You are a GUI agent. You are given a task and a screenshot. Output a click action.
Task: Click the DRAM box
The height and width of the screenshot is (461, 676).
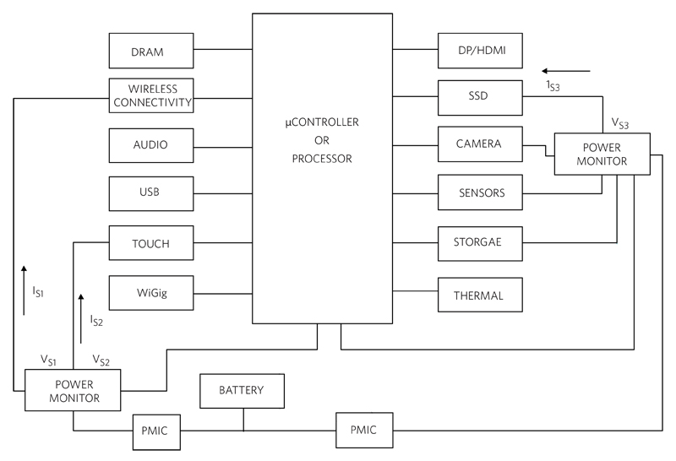coord(151,51)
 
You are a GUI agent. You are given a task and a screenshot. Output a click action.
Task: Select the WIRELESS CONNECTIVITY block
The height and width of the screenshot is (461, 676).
coord(151,95)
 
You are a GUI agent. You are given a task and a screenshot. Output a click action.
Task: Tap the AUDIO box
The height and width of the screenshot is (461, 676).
coord(151,145)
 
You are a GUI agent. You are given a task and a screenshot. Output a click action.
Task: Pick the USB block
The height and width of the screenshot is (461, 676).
coord(151,193)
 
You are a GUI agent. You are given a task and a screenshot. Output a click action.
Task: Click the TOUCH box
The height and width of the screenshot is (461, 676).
coord(151,242)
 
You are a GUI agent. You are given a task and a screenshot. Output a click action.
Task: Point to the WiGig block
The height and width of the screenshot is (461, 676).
coord(151,293)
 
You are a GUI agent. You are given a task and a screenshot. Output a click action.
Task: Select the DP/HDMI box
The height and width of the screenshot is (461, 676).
coord(480,51)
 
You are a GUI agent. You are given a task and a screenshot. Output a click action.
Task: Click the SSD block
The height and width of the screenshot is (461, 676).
coord(480,98)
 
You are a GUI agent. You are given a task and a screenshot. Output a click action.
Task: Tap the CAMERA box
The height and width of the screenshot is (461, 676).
coord(480,144)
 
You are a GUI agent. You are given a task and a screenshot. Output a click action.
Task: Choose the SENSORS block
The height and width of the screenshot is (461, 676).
coord(480,193)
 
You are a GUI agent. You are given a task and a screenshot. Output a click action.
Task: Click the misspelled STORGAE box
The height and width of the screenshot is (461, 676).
coord(480,244)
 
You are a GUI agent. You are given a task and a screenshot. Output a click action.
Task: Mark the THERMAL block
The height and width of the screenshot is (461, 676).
coord(480,295)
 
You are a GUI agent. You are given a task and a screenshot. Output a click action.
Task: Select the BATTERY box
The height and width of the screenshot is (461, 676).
coord(242,391)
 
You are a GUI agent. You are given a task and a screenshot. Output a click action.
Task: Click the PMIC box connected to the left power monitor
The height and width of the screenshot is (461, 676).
coord(156,432)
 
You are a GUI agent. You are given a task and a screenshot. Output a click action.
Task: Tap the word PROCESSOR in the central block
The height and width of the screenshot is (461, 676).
coord(322,159)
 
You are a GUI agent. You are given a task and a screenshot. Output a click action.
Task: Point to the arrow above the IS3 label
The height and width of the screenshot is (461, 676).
coord(566,71)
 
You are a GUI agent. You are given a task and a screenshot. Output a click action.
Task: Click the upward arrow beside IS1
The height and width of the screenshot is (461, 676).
coord(24,290)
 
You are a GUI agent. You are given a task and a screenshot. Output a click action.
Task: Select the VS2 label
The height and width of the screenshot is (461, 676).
coord(101,361)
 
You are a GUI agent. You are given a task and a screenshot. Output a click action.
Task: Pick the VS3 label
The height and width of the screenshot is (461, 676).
coord(620,123)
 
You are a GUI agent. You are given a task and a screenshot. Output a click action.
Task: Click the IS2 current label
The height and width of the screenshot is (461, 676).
coord(96,321)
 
